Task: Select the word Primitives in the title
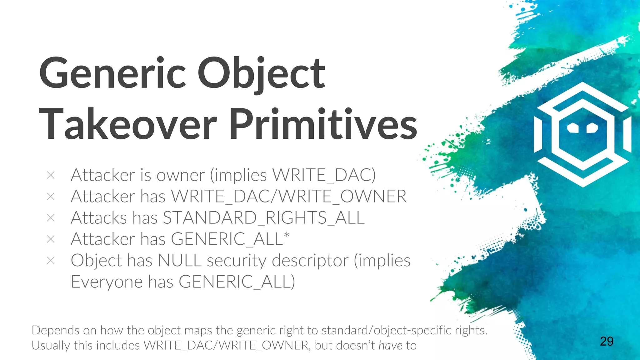click(323, 124)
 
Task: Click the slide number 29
click(606, 341)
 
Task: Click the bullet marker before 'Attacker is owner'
click(51, 175)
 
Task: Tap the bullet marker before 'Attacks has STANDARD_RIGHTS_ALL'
click(51, 218)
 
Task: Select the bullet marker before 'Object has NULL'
click(51, 260)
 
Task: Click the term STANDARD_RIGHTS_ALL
click(263, 218)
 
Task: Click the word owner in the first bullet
click(180, 175)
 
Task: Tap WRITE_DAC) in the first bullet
click(324, 175)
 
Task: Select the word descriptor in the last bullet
click(310, 261)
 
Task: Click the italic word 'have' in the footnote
click(390, 346)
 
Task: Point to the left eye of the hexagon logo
click(573, 127)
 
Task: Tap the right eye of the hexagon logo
click(592, 127)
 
